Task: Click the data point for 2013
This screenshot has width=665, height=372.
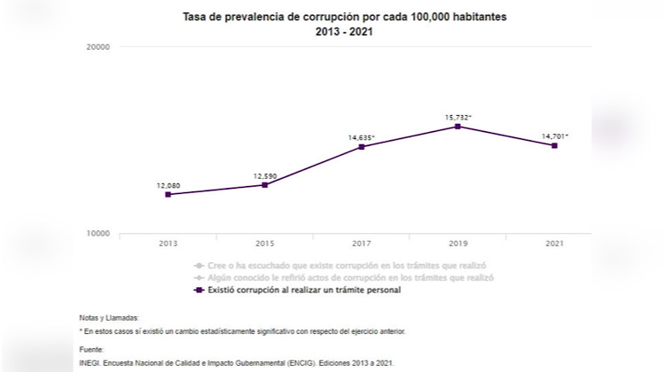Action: [x=168, y=194]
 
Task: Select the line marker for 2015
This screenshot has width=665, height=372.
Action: [x=264, y=184]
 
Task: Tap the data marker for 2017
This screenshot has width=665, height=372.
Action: [x=361, y=146]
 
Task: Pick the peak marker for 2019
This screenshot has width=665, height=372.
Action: [x=458, y=127]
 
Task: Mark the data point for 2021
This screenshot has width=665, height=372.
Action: [x=554, y=145]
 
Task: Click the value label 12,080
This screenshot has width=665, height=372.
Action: [x=168, y=184]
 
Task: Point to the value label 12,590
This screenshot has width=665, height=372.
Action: [x=264, y=175]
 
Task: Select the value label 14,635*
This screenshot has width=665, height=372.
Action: [x=362, y=136]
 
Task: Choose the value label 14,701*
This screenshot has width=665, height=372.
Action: [x=555, y=136]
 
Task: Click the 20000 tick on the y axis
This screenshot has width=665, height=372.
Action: [x=98, y=47]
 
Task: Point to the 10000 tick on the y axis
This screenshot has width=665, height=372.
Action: [x=98, y=233]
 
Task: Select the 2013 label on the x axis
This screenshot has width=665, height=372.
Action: [x=168, y=243]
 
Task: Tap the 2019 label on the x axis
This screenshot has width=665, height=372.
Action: [x=458, y=243]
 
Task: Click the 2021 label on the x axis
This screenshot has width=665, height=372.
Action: [x=554, y=243]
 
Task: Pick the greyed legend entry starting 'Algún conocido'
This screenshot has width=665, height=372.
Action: [x=341, y=277]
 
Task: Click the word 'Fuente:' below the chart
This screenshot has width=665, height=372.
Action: [x=92, y=350]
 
